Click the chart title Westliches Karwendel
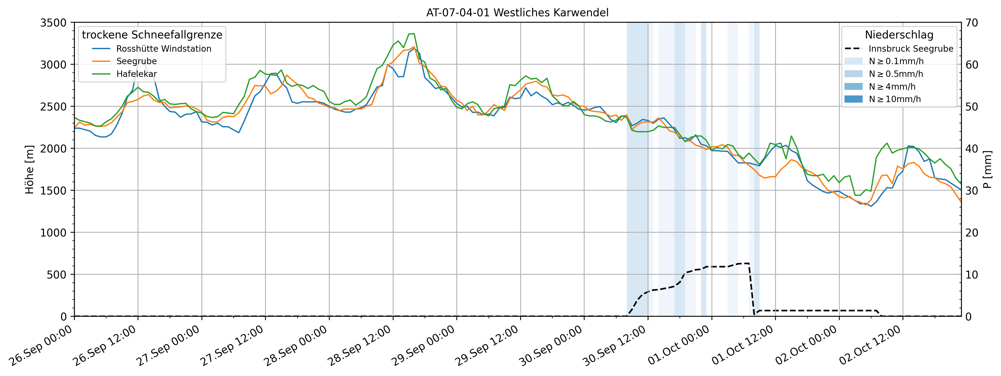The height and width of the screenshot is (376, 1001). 517,13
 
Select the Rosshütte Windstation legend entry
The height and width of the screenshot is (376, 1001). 164,49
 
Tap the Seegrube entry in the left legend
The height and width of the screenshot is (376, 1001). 136,61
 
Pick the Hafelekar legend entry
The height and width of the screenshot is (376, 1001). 136,74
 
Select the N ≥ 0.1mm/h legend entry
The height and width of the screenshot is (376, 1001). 896,61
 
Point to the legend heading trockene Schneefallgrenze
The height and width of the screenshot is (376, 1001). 152,35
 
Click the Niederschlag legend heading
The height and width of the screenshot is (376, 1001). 899,35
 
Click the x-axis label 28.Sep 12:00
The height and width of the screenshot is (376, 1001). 359,346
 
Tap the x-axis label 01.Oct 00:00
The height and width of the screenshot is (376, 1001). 678,346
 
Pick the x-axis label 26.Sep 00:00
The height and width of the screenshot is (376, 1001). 41,346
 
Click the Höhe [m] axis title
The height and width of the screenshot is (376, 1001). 30,170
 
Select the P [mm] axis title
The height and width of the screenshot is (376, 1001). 988,170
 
